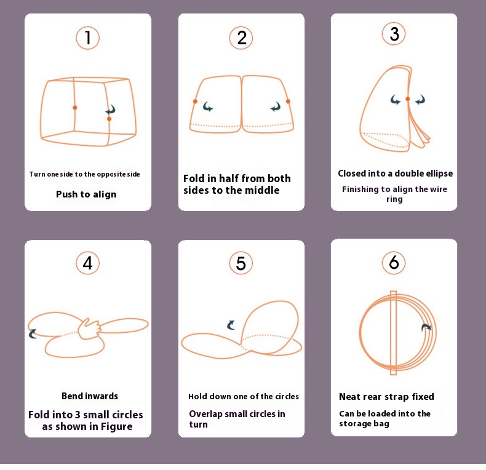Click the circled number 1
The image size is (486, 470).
coord(88,38)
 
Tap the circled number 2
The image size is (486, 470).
coord(241,38)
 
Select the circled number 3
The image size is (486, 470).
coord(394,33)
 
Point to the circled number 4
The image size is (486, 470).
coord(88,263)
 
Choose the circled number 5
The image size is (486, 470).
coord(241,263)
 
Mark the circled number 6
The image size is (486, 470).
coord(394,262)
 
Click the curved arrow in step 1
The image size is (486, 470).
coord(111,110)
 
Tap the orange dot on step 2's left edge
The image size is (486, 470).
coord(195,102)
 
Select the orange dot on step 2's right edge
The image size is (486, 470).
coord(288,102)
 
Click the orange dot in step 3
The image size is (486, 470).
coord(408,99)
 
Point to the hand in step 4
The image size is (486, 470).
coord(89,329)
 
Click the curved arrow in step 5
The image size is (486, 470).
coord(231,325)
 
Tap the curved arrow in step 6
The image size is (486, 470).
coord(426,327)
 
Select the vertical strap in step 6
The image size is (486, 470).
coord(393,333)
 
